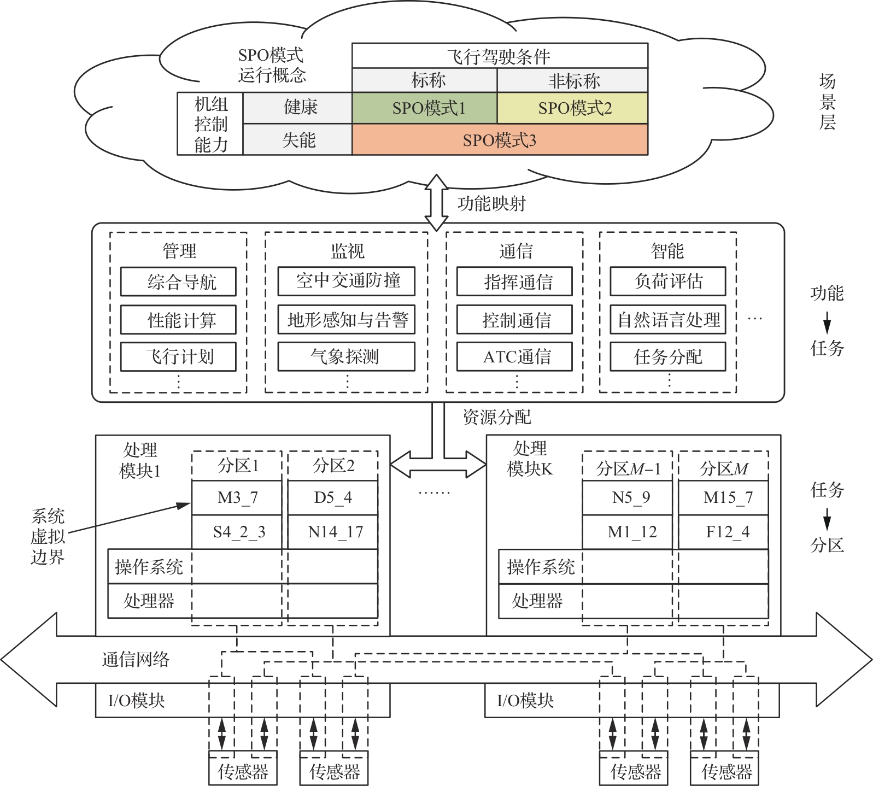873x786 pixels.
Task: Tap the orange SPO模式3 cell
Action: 500,140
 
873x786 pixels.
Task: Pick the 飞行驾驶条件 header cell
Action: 500,56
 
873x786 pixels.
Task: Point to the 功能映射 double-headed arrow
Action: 436,203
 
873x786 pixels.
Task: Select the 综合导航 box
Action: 178,281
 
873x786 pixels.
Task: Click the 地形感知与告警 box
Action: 347,319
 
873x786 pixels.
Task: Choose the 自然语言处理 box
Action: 668,319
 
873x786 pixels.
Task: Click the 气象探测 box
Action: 347,356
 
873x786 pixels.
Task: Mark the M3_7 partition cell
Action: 237,497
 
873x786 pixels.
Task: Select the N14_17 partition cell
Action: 333,532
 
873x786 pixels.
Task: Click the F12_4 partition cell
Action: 724,532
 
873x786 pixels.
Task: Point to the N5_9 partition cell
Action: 628,497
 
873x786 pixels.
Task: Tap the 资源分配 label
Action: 496,417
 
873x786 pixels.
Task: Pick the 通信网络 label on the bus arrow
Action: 136,659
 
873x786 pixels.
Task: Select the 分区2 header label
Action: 333,466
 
